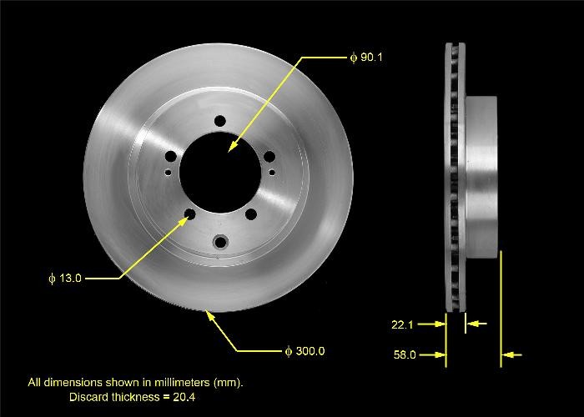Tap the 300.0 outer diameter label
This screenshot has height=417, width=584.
309,351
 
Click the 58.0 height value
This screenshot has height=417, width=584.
404,355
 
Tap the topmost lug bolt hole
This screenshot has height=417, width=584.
219,120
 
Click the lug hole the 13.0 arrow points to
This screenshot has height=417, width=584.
190,215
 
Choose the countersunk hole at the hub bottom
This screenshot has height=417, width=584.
220,243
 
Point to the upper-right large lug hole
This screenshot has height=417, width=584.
269,155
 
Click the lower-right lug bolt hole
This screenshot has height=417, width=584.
250,215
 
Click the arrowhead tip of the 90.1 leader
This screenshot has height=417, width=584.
229,151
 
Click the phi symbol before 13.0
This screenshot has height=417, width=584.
52,278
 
